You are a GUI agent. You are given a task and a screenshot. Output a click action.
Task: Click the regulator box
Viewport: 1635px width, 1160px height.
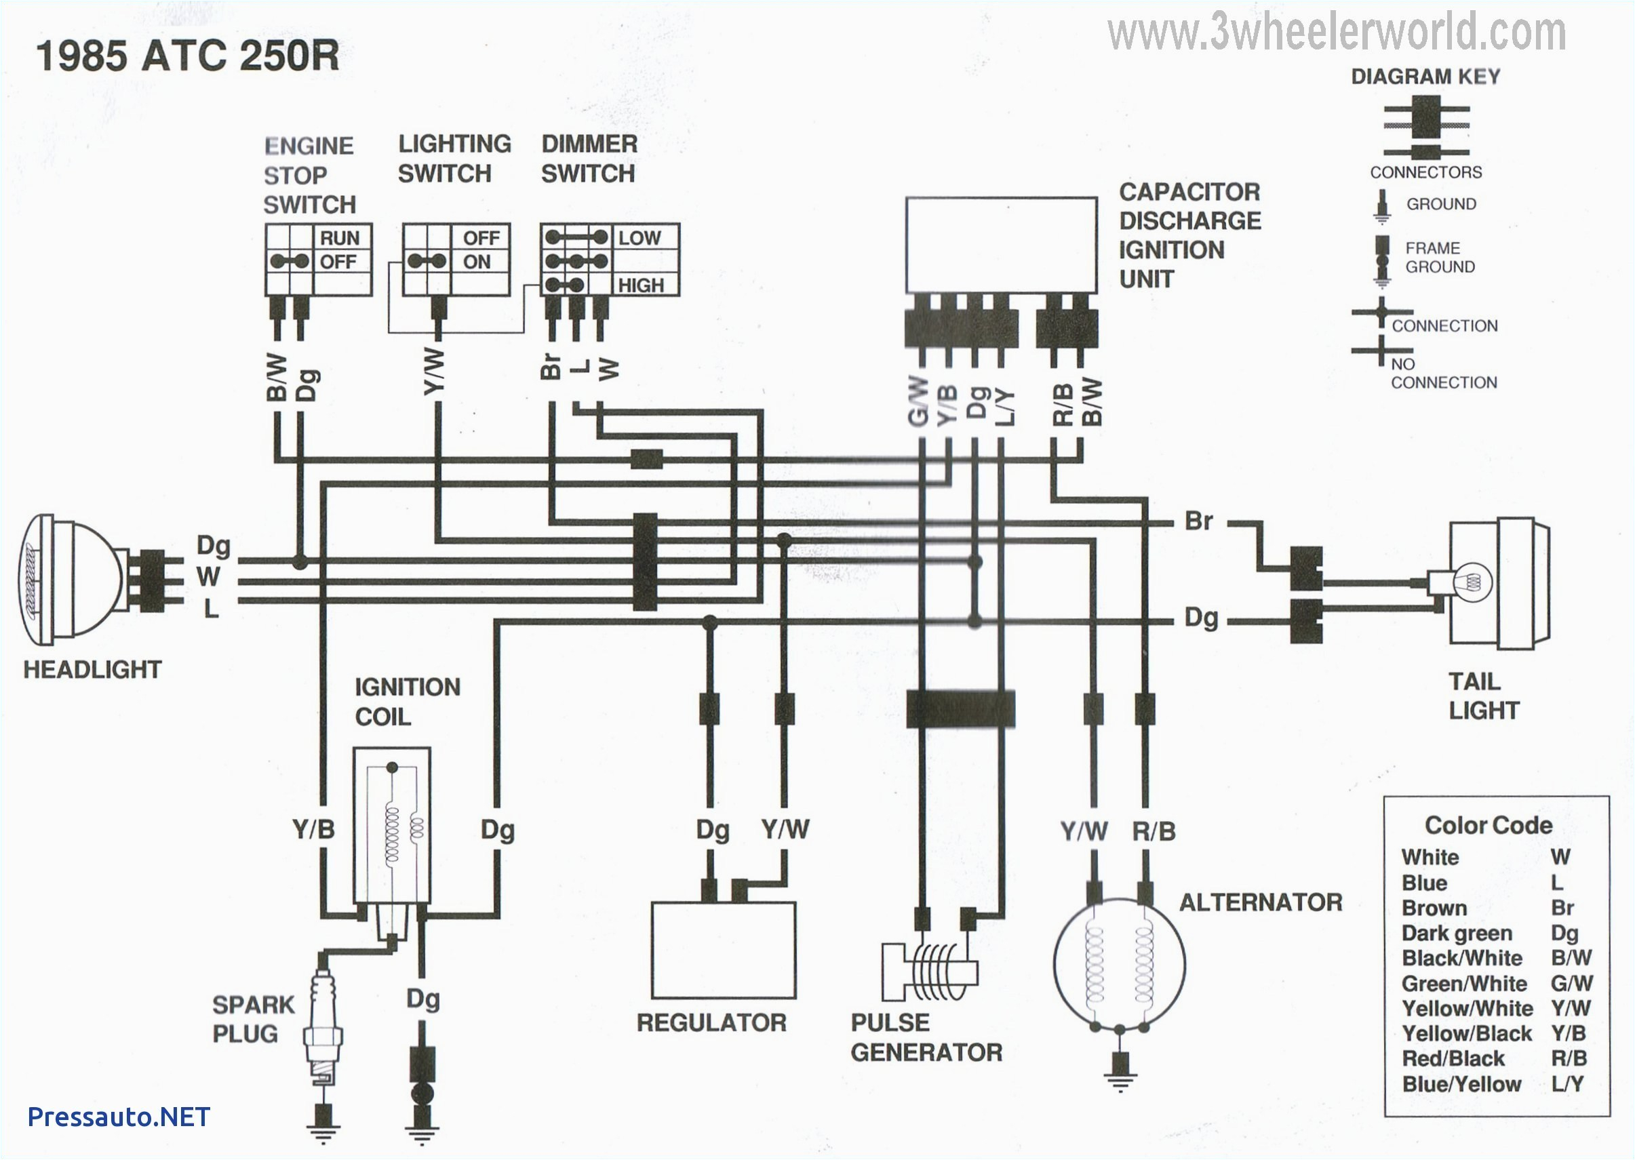coord(723,950)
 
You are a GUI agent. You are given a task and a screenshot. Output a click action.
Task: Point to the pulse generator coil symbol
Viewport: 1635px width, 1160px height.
coord(928,972)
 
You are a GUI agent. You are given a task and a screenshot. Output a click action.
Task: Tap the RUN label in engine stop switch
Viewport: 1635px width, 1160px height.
coord(339,238)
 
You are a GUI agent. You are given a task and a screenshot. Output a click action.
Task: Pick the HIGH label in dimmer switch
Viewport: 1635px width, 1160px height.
coord(641,285)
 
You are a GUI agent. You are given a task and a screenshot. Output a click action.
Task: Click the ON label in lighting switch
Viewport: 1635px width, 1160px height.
coord(477,262)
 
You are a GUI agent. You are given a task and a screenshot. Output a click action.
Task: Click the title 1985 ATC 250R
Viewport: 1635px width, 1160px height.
coord(188,55)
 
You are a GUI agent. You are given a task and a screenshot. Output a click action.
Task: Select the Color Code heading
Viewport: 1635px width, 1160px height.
coord(1488,825)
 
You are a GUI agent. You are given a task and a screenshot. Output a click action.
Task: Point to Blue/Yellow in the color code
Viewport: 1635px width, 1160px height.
coord(1461,1083)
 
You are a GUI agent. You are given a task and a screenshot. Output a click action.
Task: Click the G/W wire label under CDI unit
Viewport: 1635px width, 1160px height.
coord(918,403)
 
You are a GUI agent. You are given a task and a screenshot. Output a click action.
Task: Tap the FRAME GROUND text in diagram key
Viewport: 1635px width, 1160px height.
coord(1439,257)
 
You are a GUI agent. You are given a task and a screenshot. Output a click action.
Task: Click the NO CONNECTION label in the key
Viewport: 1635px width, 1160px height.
coord(1443,374)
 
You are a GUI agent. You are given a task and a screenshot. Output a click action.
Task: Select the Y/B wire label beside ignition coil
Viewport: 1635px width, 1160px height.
coord(313,829)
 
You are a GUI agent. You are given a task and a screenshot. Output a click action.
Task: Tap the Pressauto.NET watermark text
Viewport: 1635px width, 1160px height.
coord(119,1117)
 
